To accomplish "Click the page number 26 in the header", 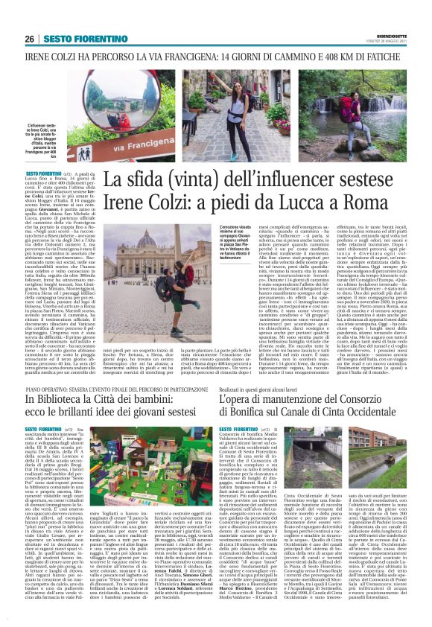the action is click(x=29, y=38).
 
